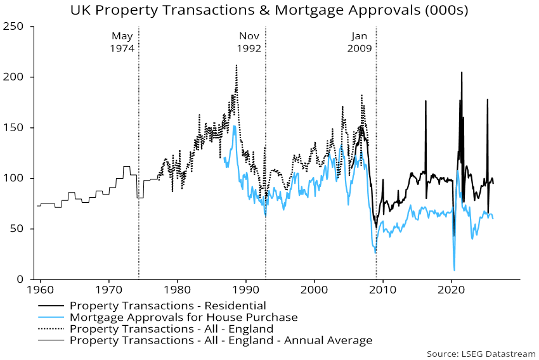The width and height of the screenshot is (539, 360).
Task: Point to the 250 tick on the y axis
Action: click(16, 26)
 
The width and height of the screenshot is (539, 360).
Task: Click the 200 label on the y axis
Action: click(16, 77)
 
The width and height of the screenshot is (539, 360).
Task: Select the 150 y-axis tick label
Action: click(16, 127)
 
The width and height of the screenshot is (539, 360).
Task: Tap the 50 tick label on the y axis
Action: click(19, 229)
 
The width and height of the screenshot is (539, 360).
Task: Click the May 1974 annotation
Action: click(123, 42)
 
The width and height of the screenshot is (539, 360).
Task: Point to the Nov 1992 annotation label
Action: click(250, 42)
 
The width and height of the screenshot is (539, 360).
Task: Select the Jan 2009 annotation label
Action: click(360, 42)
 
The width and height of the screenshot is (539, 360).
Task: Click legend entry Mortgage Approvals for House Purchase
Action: click(183, 317)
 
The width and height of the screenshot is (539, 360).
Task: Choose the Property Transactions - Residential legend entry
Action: click(168, 305)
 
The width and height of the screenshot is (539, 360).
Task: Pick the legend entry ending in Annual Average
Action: click(221, 340)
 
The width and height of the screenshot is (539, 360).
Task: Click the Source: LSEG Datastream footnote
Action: click(481, 353)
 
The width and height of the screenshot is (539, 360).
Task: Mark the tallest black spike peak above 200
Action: click(461, 72)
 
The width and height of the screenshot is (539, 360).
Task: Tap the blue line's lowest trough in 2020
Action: click(454, 271)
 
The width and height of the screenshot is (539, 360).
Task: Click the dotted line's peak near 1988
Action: click(237, 65)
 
